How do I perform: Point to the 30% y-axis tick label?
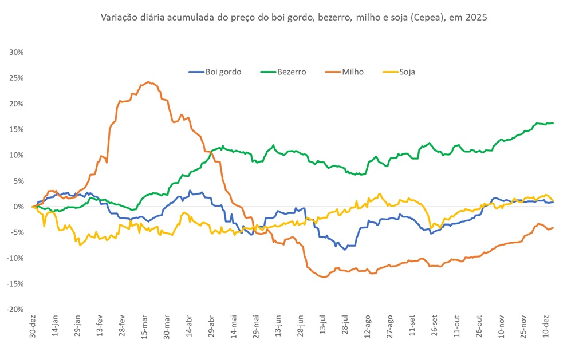17,52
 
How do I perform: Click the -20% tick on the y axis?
15,310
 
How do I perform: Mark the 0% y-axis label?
18,207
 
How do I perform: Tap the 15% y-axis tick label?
17,129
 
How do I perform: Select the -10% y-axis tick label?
15,258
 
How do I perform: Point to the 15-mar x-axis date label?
144,329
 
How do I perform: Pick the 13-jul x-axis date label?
324,328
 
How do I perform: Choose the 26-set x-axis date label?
435,329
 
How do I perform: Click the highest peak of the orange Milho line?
148,82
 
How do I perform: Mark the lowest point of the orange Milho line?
324,277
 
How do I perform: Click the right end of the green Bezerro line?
553,123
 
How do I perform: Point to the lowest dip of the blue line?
345,250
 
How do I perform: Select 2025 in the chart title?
476,18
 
